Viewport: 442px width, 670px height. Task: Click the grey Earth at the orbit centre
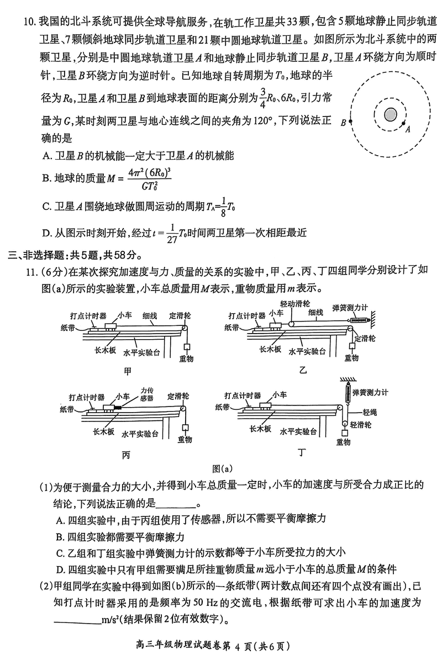tap(391, 114)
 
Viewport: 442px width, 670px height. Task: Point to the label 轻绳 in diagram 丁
tap(369, 412)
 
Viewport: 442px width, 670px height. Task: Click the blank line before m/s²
tap(77, 618)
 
